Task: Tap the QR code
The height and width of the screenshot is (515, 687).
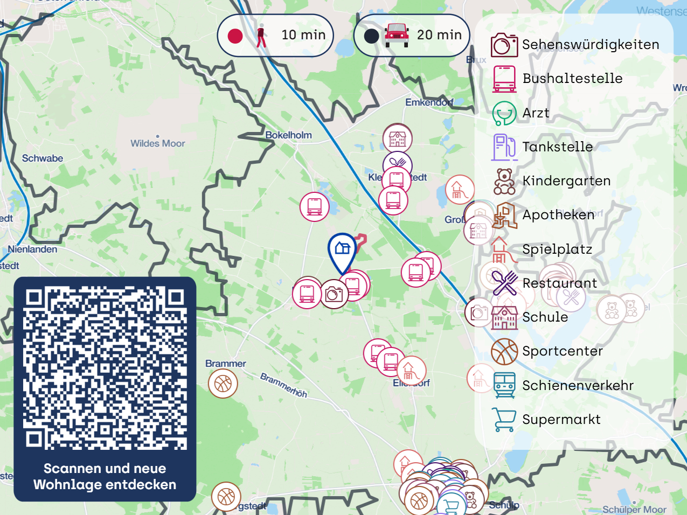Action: coord(105,368)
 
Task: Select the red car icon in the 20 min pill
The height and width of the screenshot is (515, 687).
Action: coord(397,35)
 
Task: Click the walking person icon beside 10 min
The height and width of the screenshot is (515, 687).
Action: coord(262,36)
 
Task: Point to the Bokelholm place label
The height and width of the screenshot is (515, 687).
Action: coord(289,135)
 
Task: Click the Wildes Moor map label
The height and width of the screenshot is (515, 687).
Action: coord(158,143)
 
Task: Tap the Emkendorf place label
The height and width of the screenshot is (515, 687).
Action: coord(429,102)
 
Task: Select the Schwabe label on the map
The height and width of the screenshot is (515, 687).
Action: coord(43,158)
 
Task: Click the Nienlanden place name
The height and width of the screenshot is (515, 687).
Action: coord(32,249)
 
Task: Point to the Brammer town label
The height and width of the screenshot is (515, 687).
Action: coord(226,364)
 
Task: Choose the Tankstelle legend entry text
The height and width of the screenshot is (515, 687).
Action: coord(558,147)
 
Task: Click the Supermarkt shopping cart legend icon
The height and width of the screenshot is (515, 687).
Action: coord(504,420)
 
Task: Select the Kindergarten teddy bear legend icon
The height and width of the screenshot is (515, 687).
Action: coord(504,181)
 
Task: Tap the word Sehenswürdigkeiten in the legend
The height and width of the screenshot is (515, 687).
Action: coord(591,44)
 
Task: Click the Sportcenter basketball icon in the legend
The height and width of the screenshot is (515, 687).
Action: coord(504,351)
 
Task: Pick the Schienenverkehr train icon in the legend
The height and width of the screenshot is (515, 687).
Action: coord(504,385)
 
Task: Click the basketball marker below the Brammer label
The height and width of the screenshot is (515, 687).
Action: coord(223,384)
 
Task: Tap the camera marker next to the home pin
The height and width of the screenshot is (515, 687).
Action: coord(334,294)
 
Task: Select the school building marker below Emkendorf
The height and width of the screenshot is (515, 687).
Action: coord(398,138)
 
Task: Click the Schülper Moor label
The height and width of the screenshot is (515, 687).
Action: coord(634,509)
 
